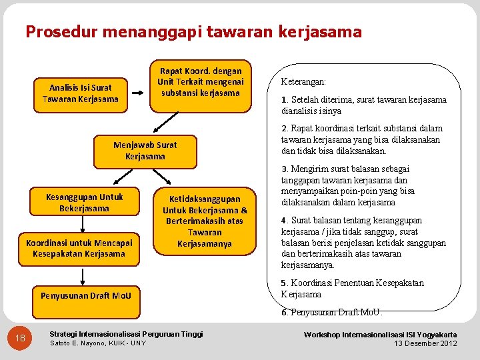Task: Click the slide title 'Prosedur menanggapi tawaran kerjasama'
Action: (x=193, y=31)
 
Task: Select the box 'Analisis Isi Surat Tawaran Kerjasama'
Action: (x=81, y=93)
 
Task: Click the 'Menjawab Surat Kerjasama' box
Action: (x=145, y=151)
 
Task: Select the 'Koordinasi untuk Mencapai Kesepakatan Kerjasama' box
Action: (x=79, y=248)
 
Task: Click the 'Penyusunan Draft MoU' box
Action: (x=86, y=295)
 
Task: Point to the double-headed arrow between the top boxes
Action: (x=140, y=94)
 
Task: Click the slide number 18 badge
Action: (x=21, y=339)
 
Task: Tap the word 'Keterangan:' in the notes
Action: (x=303, y=81)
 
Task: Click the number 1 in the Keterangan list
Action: (x=283, y=100)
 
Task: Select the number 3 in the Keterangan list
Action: (x=284, y=169)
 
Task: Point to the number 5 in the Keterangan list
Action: (x=284, y=283)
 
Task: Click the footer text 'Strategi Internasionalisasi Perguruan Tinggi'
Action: (x=127, y=333)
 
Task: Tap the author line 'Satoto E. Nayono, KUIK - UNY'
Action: (x=98, y=343)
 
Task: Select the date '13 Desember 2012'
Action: (x=425, y=343)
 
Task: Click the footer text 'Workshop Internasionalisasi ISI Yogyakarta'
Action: (x=380, y=334)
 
